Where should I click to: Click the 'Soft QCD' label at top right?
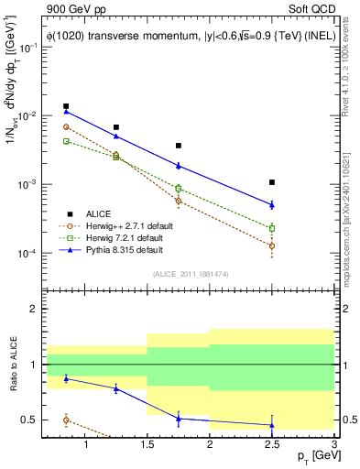coord(311,9)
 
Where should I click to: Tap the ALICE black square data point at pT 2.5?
coord(272,182)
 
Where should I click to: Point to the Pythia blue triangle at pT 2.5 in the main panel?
coord(272,204)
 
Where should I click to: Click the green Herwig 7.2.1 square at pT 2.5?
coord(272,228)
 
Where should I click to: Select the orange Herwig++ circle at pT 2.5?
coord(272,245)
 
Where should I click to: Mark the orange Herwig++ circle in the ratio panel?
coord(66,420)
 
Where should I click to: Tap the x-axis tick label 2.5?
coord(272,446)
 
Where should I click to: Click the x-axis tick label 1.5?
coord(147,446)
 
